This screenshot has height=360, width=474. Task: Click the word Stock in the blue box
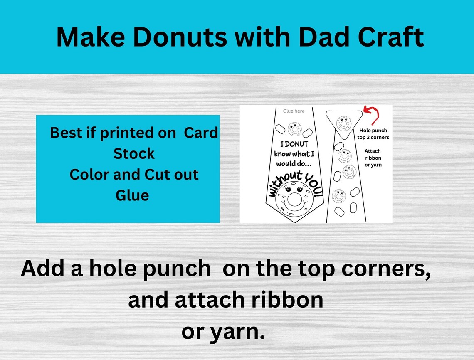[134, 153]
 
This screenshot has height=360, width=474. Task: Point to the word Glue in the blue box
[132, 195]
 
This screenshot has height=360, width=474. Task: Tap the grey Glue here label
[294, 111]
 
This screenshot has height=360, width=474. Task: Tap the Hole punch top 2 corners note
[373, 134]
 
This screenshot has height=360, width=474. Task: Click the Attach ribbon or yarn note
[373, 158]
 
